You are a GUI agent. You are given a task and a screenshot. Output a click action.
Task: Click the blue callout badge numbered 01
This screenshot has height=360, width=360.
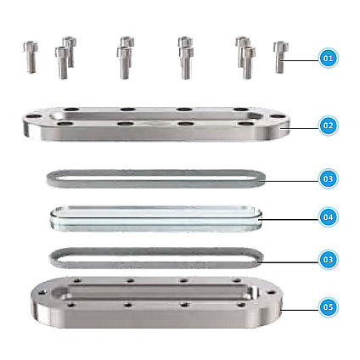pyautogui.click(x=328, y=59)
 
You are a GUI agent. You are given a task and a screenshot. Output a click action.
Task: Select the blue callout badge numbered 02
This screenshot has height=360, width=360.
pyautogui.click(x=328, y=126)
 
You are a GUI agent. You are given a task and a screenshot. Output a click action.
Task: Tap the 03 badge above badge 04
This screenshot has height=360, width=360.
pyautogui.click(x=328, y=178)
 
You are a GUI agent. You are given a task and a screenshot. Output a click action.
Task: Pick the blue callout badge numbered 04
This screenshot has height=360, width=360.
pyautogui.click(x=328, y=217)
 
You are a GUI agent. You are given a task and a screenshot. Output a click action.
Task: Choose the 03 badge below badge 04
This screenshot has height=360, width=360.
pyautogui.click(x=328, y=260)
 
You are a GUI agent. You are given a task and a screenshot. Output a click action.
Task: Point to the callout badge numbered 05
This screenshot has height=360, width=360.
pyautogui.click(x=328, y=307)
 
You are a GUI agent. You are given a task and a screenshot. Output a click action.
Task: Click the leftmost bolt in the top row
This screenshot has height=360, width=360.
pyautogui.click(x=31, y=58)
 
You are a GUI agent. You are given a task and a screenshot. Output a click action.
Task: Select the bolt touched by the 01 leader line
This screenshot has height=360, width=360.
pyautogui.click(x=280, y=58)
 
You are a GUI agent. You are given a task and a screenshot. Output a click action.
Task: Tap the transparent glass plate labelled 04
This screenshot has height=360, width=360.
pyautogui.click(x=156, y=219)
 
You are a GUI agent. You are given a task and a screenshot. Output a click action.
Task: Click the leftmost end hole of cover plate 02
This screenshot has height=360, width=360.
pyautogui.click(x=34, y=116)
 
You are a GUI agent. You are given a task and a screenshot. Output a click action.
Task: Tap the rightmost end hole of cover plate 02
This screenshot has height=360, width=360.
pyautogui.click(x=278, y=116)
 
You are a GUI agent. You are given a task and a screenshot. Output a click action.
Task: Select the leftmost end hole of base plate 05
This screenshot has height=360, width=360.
pyautogui.click(x=42, y=292)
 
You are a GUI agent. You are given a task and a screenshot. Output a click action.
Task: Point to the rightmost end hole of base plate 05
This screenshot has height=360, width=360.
pyautogui.click(x=271, y=292)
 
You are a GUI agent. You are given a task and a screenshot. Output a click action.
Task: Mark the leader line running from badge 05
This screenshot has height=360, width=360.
pyautogui.click(x=300, y=310)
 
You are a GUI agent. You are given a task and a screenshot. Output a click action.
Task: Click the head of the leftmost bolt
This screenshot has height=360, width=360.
pyautogui.click(x=31, y=46)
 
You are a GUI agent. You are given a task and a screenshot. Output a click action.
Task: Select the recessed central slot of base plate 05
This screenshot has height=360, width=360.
pyautogui.click(x=155, y=293)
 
